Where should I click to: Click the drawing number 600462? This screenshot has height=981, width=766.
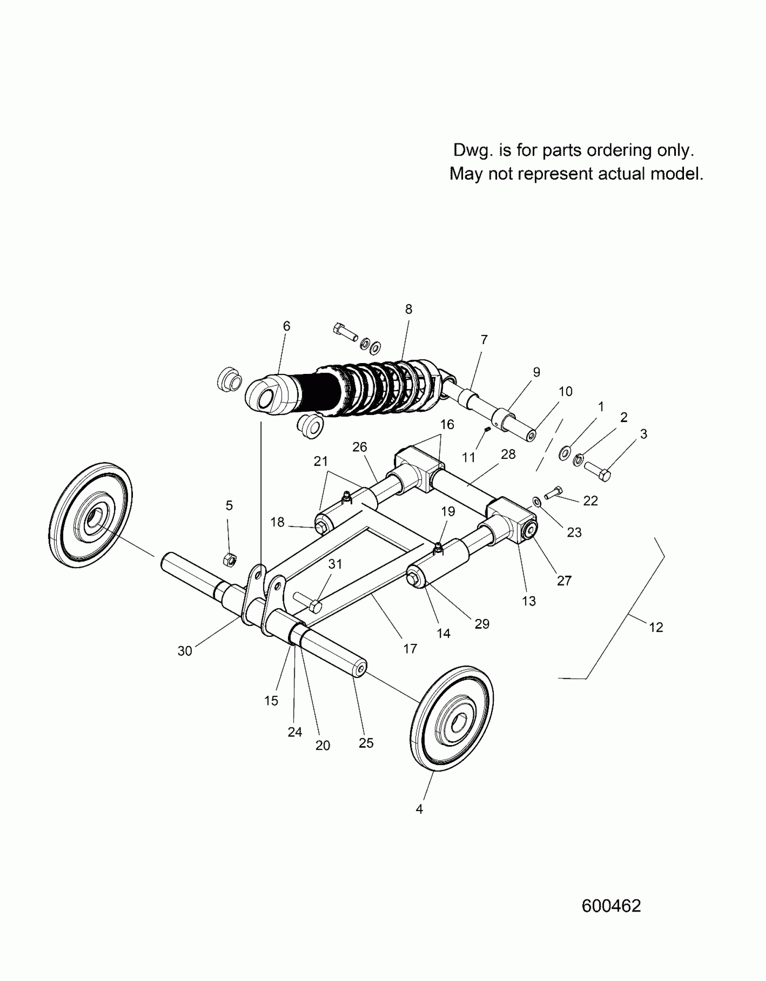point(611,906)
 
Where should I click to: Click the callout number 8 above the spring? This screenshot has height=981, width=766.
point(409,309)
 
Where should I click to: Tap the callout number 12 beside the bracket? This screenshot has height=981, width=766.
point(656,627)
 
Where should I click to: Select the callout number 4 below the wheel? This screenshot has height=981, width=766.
point(419,809)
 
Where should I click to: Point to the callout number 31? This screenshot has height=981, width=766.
point(335,564)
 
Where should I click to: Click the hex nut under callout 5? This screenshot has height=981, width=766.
point(229,560)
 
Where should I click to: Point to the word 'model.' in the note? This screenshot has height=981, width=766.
point(677,174)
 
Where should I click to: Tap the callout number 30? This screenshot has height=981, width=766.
point(185,651)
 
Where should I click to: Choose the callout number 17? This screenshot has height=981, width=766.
point(410,649)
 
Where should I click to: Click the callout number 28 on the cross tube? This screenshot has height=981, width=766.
point(508,454)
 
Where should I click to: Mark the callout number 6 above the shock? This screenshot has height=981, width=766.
point(287,326)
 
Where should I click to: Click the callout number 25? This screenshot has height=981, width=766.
point(366,743)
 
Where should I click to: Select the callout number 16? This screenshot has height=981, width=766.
point(447,424)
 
